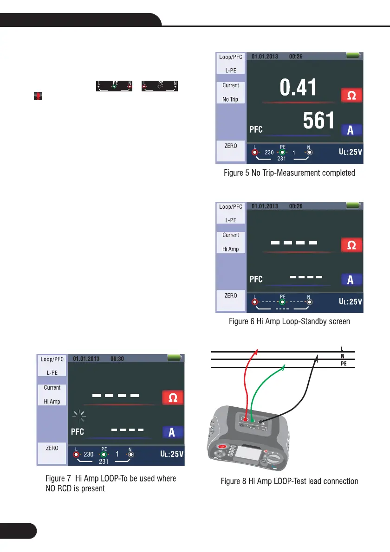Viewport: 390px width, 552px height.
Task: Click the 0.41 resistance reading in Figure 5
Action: (298, 89)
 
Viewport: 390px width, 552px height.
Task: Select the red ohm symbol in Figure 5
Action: (351, 96)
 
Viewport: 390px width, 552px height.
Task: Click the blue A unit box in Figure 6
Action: (351, 279)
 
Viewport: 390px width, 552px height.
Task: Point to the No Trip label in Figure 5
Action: (230, 99)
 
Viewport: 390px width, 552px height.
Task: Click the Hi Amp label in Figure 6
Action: (230, 249)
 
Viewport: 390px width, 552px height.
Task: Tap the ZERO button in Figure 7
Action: (52, 448)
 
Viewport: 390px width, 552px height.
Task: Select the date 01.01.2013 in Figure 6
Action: (265, 206)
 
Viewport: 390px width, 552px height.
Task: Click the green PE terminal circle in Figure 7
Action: (104, 454)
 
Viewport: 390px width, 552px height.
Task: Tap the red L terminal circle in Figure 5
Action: (255, 152)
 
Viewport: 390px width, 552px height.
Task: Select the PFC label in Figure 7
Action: (77, 432)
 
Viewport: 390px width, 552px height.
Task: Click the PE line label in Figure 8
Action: (342, 364)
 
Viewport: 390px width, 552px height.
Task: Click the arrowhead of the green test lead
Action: (286, 367)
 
